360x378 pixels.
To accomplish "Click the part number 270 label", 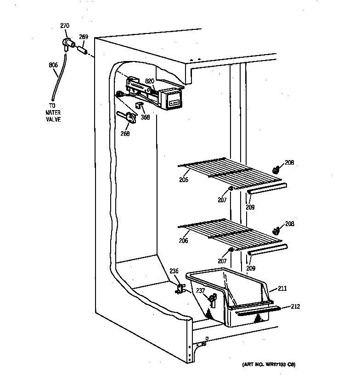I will [65, 26].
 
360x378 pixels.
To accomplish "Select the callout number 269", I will [84, 37].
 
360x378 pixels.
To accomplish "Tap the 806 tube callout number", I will [53, 65].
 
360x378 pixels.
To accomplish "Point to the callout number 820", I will [150, 81].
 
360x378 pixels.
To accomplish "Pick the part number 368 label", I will [146, 117].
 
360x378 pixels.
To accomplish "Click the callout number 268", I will [125, 133].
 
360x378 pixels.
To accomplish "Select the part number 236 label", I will [174, 271].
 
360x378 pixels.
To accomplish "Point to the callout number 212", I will [295, 306].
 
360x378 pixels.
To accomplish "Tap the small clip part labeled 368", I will [139, 106].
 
